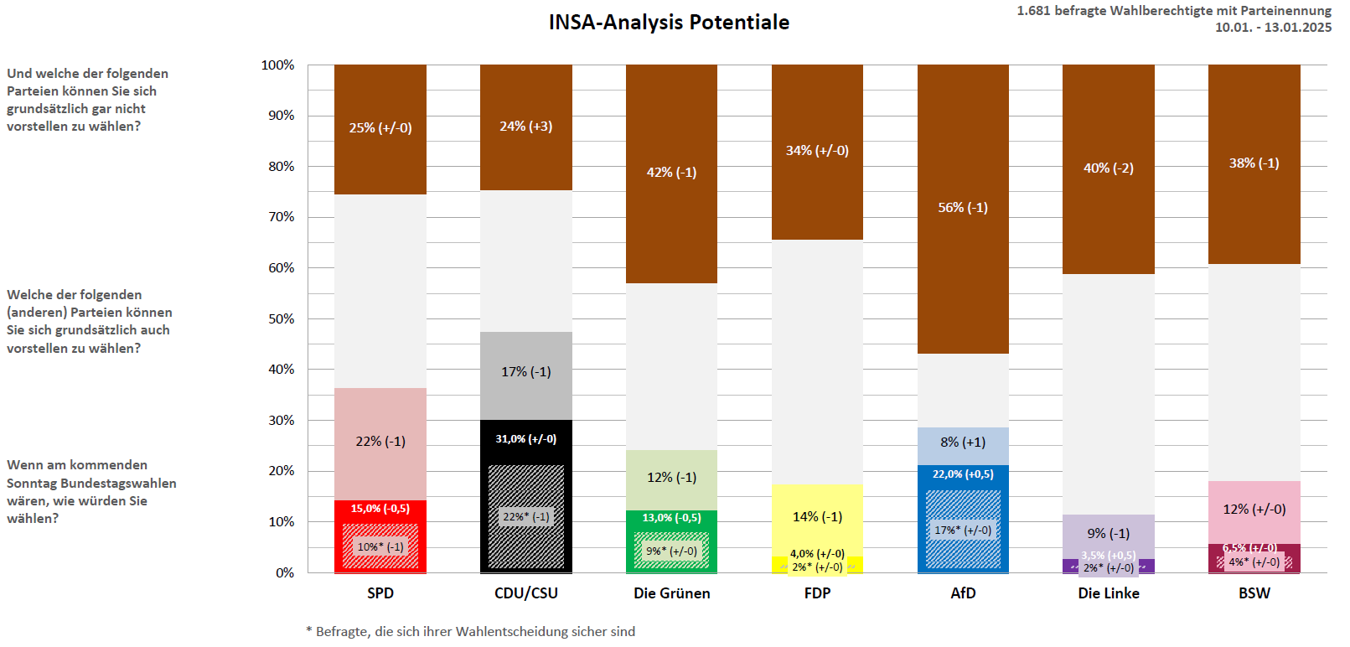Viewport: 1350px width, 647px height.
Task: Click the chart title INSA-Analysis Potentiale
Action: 669,23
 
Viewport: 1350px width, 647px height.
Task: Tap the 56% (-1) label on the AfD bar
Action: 963,207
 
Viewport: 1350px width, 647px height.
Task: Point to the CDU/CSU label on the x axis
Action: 525,593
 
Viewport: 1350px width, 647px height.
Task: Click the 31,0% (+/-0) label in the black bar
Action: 525,439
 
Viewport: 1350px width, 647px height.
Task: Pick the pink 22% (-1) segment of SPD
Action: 380,442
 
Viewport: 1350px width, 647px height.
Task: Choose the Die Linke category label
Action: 1108,593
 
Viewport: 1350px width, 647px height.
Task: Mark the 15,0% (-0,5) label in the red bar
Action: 380,509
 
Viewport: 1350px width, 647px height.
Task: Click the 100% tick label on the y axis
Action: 278,65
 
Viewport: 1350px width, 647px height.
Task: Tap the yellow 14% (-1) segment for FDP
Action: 817,517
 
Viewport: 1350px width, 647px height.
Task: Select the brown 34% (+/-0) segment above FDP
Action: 817,151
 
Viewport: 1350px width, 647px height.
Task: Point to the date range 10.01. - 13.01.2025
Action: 1273,28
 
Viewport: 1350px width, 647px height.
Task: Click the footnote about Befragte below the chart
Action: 471,632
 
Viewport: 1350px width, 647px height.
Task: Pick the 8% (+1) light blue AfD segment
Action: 963,443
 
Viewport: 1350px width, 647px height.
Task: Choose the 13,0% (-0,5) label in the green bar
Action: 671,518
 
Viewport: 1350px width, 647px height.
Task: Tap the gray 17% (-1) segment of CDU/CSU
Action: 525,372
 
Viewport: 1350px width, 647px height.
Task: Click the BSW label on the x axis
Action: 1254,593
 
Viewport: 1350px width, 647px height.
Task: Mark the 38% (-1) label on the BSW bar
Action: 1254,163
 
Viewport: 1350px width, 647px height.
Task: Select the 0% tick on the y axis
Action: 285,573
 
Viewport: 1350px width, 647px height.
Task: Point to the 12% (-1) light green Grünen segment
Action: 671,478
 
